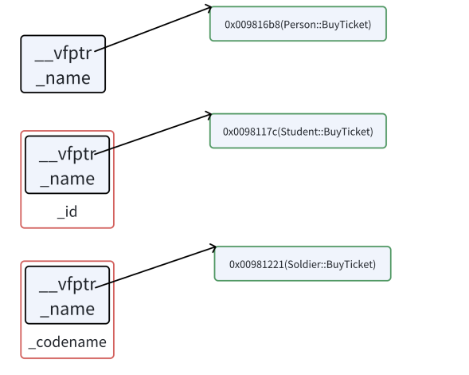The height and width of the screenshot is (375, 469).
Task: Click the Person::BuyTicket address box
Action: coord(298,24)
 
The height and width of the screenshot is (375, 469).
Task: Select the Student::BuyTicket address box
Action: coord(298,131)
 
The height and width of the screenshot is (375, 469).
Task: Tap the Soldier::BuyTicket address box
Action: coord(303,264)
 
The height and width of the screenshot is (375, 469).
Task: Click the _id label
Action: coord(68,211)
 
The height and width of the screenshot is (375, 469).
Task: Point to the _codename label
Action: coord(68,342)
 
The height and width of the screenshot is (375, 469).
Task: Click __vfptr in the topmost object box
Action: coord(63,54)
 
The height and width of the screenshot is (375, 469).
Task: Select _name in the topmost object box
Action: coord(63,78)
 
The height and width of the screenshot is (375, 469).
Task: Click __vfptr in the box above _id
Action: coord(68,154)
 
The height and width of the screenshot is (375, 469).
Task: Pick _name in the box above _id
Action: coord(68,179)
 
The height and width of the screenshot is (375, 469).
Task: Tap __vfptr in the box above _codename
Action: coord(68,285)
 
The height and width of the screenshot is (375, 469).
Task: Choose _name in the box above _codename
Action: coord(68,309)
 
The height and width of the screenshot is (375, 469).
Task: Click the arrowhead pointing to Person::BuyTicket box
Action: coord(209,8)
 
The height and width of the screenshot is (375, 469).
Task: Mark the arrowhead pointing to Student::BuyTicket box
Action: coord(209,115)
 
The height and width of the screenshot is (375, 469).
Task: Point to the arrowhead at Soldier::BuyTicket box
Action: coord(213,247)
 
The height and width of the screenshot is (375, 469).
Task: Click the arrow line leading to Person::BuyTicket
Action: coord(153,29)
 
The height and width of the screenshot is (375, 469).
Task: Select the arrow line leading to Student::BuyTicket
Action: coord(153,134)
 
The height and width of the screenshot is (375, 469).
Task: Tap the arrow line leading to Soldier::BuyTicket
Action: coord(155,267)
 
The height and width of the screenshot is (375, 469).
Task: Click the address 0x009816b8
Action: coord(252,24)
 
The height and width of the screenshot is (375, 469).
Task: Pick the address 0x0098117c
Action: coord(250,132)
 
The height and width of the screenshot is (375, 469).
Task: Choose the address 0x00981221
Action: coord(256,264)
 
